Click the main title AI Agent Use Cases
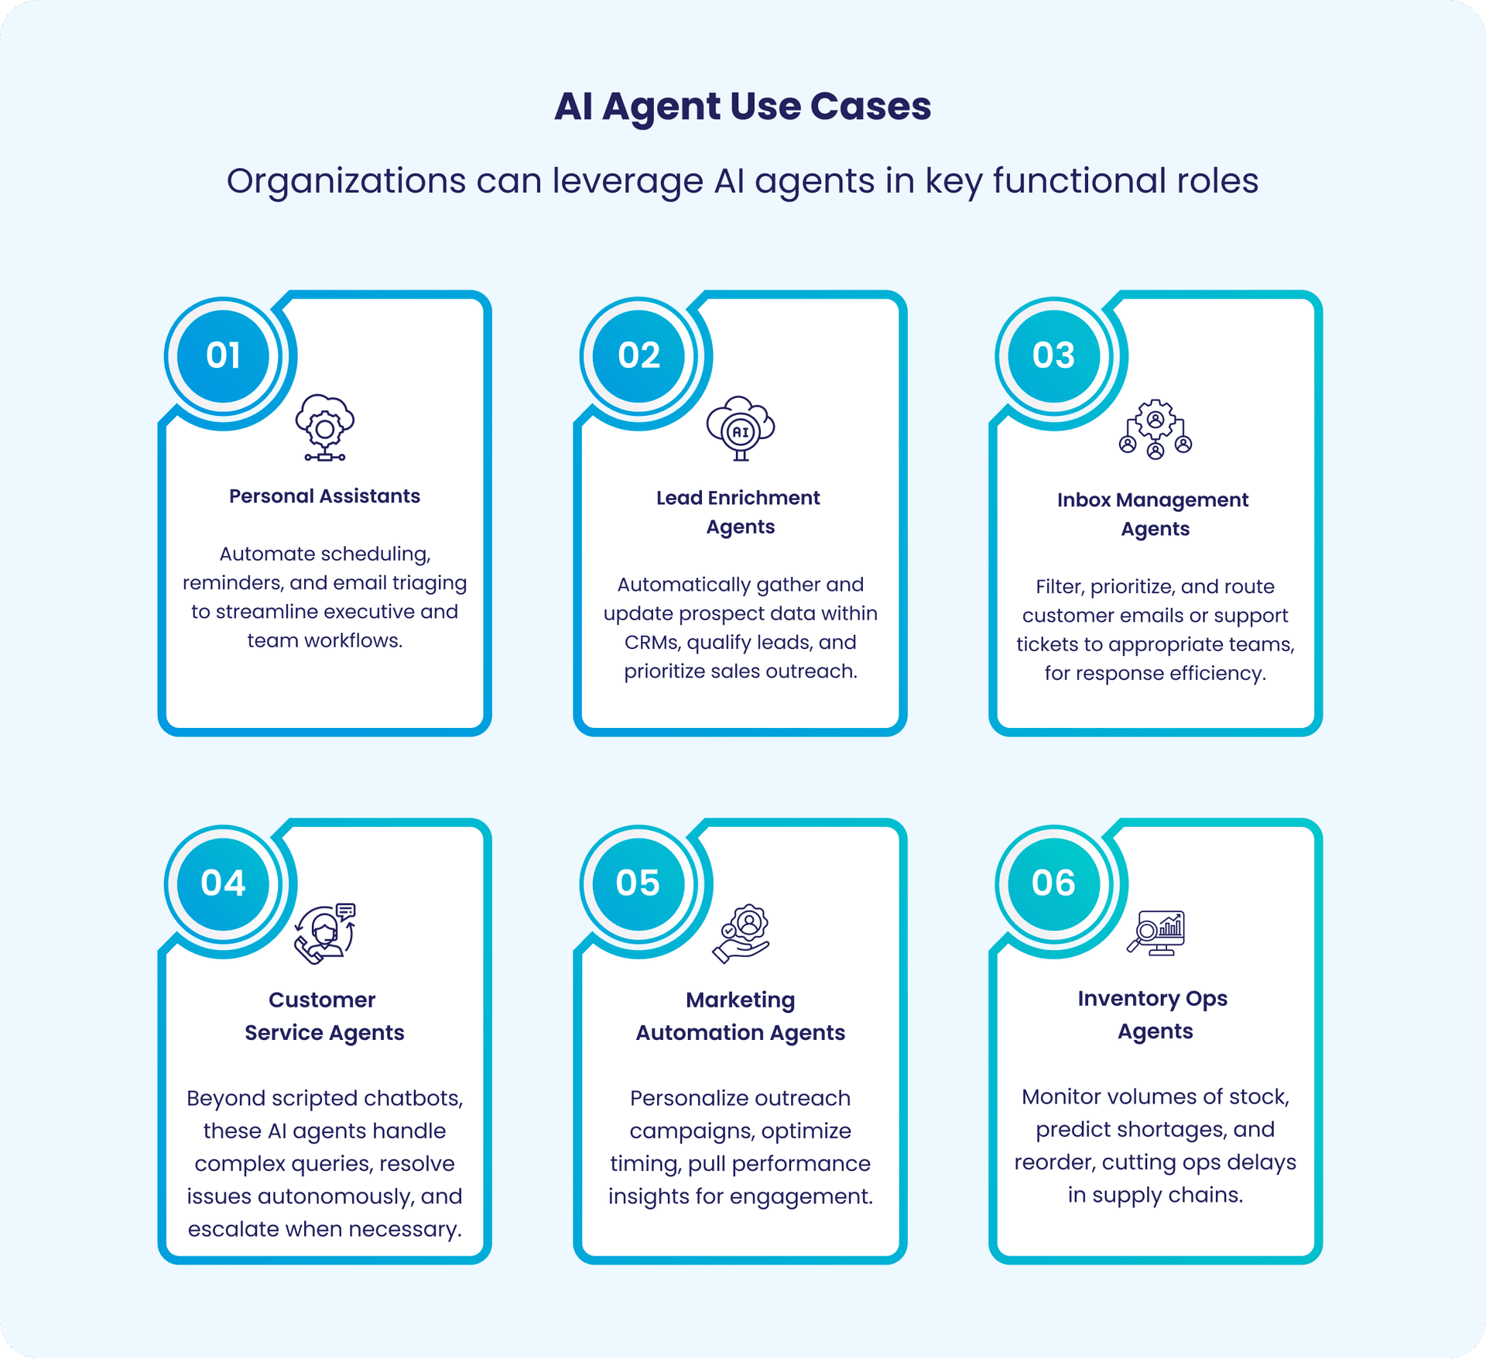coord(742,106)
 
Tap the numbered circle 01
coord(223,355)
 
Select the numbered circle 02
coord(639,355)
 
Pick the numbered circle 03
coord(1053,355)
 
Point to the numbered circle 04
coord(223,883)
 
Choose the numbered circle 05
coord(638,883)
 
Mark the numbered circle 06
coord(1053,883)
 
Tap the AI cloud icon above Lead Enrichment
coord(741,428)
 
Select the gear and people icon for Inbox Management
coord(1156,430)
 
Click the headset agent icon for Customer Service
coord(325,933)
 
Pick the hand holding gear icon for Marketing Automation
coord(741,933)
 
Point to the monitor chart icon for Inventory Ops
coord(1156,933)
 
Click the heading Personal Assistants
coord(324,496)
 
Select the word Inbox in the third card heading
coord(1084,500)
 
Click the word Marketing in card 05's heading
coord(740,1000)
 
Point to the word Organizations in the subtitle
coord(346,181)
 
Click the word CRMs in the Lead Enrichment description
coord(652,643)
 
